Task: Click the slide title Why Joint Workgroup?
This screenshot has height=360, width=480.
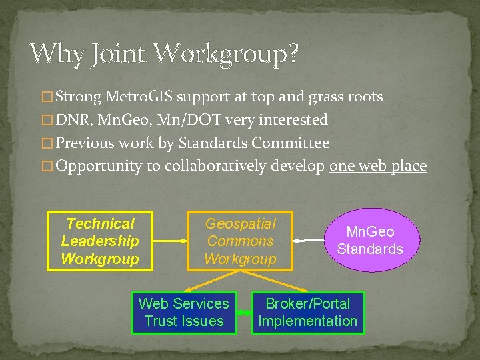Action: pyautogui.click(x=164, y=53)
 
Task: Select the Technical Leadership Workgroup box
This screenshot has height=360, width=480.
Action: pyautogui.click(x=100, y=241)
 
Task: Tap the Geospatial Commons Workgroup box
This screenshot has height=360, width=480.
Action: pyautogui.click(x=240, y=241)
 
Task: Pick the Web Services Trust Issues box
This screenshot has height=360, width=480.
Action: pyautogui.click(x=184, y=313)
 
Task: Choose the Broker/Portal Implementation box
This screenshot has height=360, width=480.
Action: pyautogui.click(x=308, y=313)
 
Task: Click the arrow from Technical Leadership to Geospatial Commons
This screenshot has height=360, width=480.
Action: pyautogui.click(x=170, y=241)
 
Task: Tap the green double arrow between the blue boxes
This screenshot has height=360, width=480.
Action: pyautogui.click(x=244, y=313)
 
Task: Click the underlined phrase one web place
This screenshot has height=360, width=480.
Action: pyautogui.click(x=378, y=166)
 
